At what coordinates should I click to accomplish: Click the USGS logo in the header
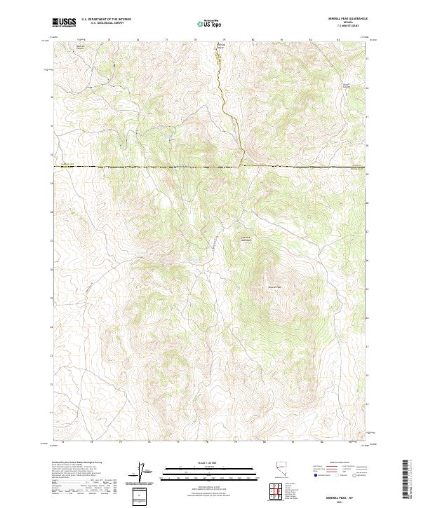tap(64, 22)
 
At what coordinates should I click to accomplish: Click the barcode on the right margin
tap(406, 479)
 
